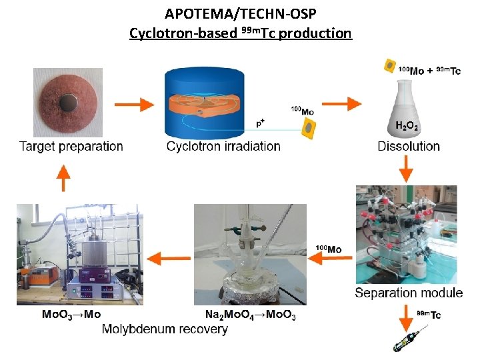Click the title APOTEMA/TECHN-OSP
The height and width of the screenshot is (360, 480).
pos(240,14)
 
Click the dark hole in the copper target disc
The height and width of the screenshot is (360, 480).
pos(68,103)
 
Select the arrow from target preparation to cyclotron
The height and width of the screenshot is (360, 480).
pos(134,105)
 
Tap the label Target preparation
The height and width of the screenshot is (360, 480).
pos(71,146)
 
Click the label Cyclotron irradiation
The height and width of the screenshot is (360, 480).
pos(223,146)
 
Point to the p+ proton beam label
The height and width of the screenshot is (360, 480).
pos(260,123)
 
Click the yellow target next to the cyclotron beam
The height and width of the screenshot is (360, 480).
pos(309,129)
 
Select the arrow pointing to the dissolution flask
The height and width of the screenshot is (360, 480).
pos(341,104)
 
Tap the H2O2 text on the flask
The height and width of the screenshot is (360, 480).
pos(407,126)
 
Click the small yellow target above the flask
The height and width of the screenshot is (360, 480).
pos(390,66)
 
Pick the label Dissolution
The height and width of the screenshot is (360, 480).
pos(409,146)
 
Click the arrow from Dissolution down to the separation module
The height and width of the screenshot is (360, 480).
pos(406,169)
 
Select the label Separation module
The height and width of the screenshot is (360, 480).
pos(409,293)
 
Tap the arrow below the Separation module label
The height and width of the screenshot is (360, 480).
pos(406,319)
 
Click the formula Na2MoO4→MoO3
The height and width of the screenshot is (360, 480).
pos(251,315)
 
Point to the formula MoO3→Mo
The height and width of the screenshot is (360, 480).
pos(71,315)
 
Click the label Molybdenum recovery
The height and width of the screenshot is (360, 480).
pos(165,329)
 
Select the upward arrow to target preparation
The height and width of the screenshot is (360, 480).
pos(63,178)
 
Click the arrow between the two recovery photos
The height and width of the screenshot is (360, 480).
pos(169,259)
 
